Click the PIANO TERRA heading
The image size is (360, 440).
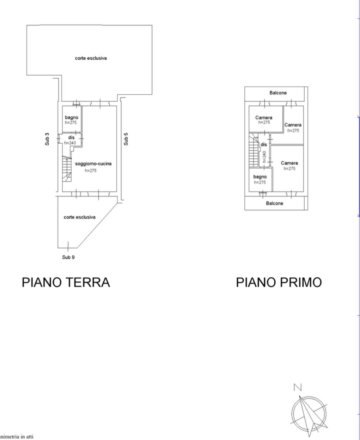(x=66, y=283)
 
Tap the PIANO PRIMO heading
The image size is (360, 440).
(x=279, y=283)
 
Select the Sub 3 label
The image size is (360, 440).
(x=47, y=139)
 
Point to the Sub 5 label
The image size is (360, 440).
(x=126, y=139)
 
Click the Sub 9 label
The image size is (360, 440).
(x=68, y=257)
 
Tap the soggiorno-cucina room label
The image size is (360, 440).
(x=93, y=164)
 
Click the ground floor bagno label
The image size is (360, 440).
(x=72, y=117)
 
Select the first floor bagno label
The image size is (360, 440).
(x=260, y=177)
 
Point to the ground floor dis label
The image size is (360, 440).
(x=71, y=138)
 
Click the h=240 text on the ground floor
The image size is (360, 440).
(x=70, y=143)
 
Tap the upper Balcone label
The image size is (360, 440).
(x=278, y=93)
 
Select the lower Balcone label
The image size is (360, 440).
(x=275, y=203)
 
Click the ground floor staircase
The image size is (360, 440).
(x=67, y=169)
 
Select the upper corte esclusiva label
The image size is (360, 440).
(x=91, y=58)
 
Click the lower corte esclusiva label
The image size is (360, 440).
(x=80, y=217)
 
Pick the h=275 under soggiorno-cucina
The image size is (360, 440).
(x=91, y=171)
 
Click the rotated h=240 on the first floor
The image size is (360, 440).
(x=264, y=157)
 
